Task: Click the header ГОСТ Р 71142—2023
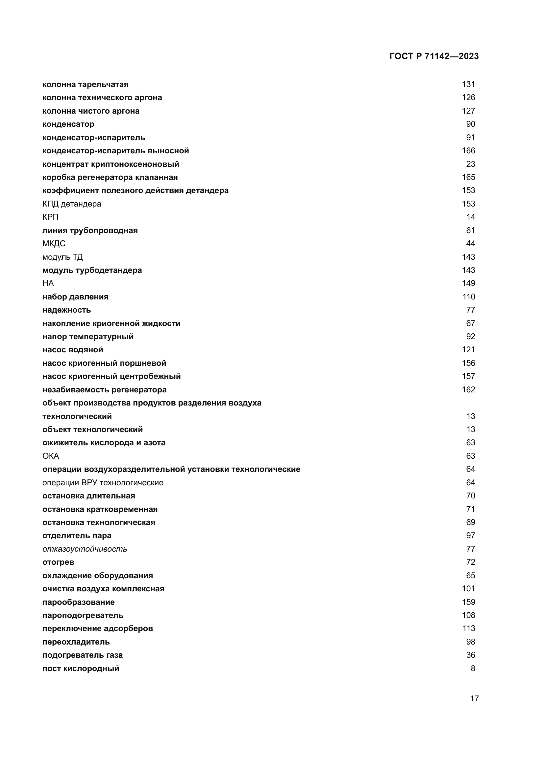[434, 56]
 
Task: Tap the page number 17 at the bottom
[474, 698]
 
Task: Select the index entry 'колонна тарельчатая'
[86, 84]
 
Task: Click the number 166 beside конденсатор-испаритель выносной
[468, 150]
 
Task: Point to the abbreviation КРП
[51, 217]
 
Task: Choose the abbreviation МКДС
[54, 244]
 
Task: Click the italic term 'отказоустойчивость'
[85, 549]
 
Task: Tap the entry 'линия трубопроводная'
[90, 230]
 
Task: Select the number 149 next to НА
[468, 283]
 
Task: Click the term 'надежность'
[67, 310]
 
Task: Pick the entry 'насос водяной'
[73, 350]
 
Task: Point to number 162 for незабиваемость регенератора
[468, 390]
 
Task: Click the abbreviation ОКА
[51, 456]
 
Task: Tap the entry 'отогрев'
[58, 562]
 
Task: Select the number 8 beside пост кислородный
[473, 668]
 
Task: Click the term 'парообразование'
[78, 602]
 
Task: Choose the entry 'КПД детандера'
[72, 204]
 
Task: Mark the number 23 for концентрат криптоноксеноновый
[470, 164]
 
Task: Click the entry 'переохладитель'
[76, 642]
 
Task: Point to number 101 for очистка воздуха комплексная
[468, 589]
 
